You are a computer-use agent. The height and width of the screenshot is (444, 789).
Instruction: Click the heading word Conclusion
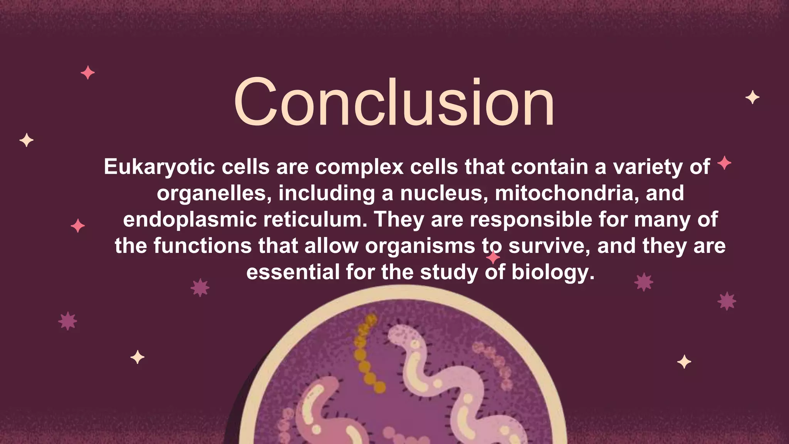(x=394, y=102)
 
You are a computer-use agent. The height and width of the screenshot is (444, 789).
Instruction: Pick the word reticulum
(x=315, y=220)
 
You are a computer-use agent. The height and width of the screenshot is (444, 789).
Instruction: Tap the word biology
(x=553, y=272)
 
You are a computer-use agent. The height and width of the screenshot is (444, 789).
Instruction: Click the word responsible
(x=530, y=220)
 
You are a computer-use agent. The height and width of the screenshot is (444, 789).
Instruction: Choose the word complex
(x=359, y=167)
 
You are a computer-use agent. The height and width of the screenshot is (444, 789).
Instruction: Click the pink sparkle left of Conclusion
(x=88, y=72)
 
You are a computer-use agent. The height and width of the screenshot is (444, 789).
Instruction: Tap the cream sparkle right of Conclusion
(x=752, y=97)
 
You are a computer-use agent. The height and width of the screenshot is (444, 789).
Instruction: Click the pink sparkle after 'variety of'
(x=724, y=163)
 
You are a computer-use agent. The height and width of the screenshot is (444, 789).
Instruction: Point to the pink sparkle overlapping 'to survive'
(x=493, y=257)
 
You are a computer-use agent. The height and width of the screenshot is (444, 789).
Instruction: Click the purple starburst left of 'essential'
(x=200, y=288)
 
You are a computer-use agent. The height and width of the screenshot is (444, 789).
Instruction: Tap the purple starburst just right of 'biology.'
(x=644, y=282)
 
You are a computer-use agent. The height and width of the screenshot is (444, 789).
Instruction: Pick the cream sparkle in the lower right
(x=684, y=362)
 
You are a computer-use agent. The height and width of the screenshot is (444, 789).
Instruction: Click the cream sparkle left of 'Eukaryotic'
(x=26, y=140)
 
